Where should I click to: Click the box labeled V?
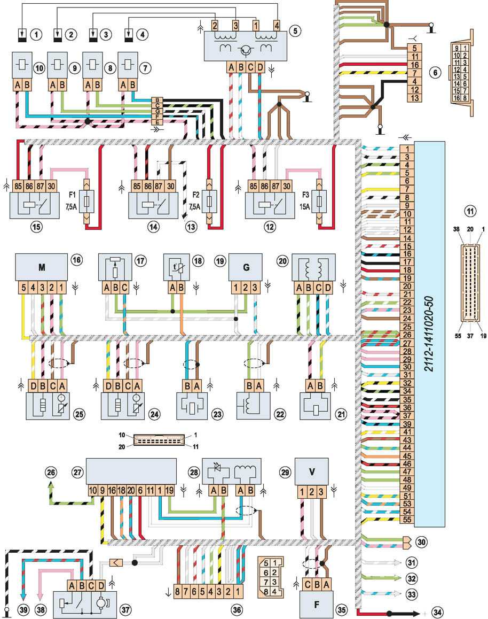click(312, 471)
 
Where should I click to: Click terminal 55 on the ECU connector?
click(407, 519)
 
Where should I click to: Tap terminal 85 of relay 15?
click(20, 186)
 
